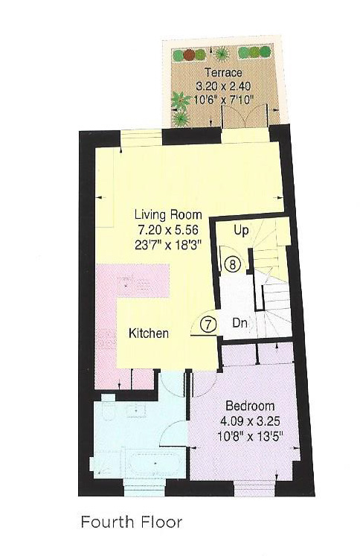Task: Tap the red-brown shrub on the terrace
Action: tap(190, 54)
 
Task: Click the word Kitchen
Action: tap(149, 333)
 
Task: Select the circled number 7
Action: tap(208, 325)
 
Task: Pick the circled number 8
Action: tap(232, 264)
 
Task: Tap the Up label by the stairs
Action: tap(241, 231)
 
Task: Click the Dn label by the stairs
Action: tap(240, 324)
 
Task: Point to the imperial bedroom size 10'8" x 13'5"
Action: tap(250, 434)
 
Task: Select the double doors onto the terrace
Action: tap(245, 115)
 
